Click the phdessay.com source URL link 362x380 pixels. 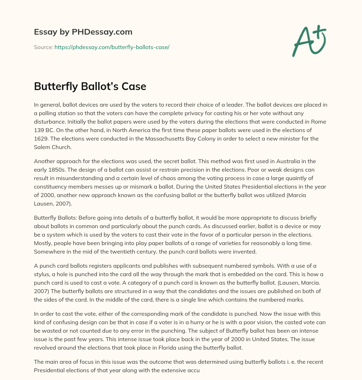coord(112,47)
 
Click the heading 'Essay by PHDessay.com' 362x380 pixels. coord(83,32)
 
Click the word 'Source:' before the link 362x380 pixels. coord(43,47)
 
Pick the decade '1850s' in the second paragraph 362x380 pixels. coord(54,170)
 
